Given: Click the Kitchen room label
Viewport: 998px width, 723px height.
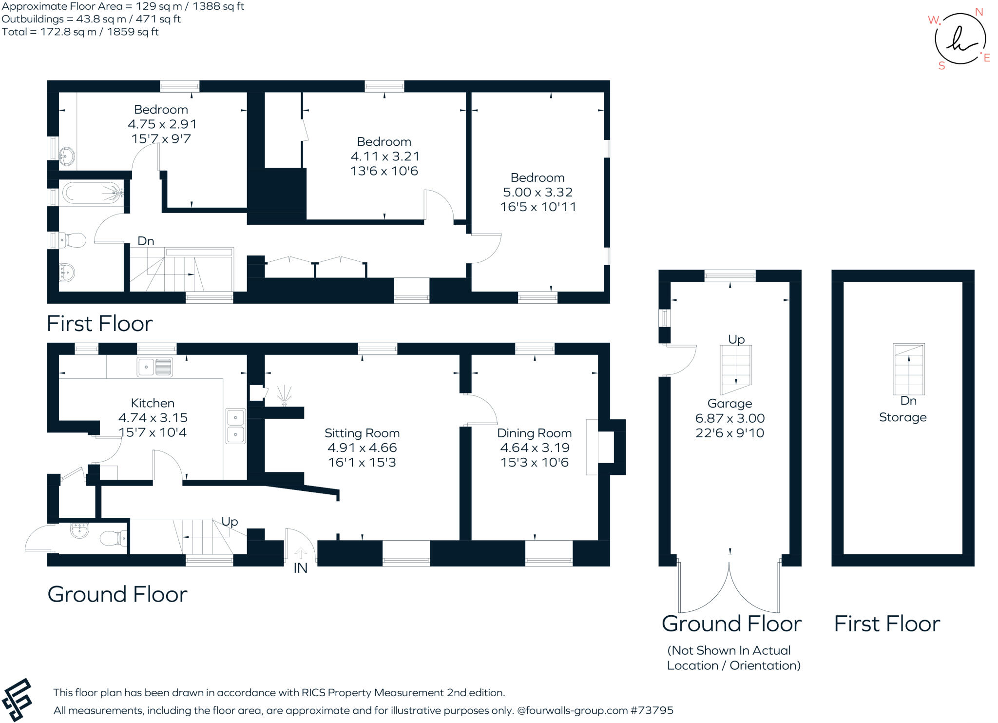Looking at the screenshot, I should pyautogui.click(x=153, y=403).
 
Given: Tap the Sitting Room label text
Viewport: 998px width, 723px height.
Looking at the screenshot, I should pyautogui.click(x=362, y=433).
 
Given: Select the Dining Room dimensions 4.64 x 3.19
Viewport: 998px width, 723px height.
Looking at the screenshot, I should pyautogui.click(x=534, y=448).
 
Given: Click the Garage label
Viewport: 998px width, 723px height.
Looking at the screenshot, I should pyautogui.click(x=729, y=404).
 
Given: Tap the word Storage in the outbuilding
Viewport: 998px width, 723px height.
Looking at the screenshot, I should pyautogui.click(x=902, y=417).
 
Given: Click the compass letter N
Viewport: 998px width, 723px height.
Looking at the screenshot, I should pyautogui.click(x=979, y=12).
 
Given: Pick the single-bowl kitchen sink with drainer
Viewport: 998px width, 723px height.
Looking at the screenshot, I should pyautogui.click(x=154, y=367).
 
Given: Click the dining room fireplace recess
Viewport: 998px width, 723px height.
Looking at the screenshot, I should pyautogui.click(x=606, y=447).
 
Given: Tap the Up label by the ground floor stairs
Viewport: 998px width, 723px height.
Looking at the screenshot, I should pyautogui.click(x=230, y=522).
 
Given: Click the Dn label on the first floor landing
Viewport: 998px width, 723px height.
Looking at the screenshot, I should pyautogui.click(x=146, y=241).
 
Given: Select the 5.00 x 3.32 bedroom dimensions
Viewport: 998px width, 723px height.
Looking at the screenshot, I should pyautogui.click(x=537, y=192).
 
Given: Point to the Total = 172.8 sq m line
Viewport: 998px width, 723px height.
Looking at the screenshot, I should pyautogui.click(x=80, y=32).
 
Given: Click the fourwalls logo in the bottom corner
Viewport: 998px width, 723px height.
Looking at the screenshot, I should pyautogui.click(x=17, y=700).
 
